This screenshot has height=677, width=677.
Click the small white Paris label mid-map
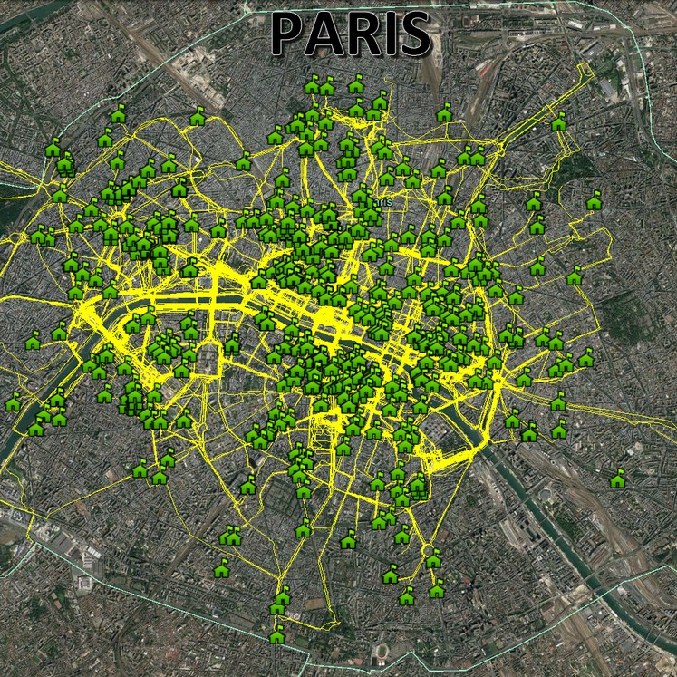click(x=386, y=201)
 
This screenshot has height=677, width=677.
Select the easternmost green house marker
click(x=618, y=479)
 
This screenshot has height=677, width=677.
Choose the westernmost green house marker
click(x=13, y=401)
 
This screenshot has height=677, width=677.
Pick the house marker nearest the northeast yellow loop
click(x=559, y=121)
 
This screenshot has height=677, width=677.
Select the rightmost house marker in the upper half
click(x=594, y=201)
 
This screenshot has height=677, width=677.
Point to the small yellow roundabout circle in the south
click(x=429, y=548)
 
